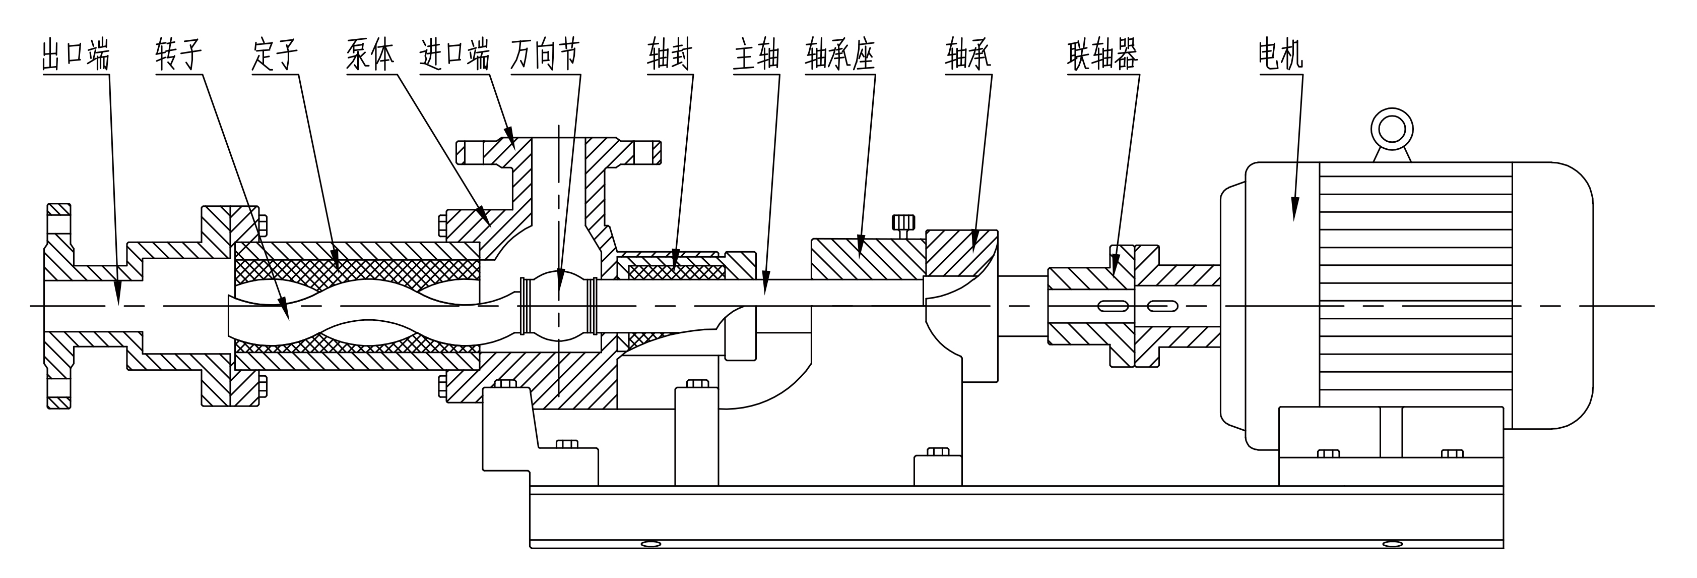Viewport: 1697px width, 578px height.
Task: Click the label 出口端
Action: [x=75, y=54]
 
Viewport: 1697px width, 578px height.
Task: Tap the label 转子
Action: [x=177, y=54]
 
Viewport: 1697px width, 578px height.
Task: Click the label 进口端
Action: [x=454, y=54]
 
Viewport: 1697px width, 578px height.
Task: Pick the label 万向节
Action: [x=545, y=54]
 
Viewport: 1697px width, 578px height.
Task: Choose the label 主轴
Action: [x=756, y=54]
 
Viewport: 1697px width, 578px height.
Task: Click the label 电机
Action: [x=1280, y=54]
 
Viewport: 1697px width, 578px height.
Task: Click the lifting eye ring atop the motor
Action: [x=1391, y=130]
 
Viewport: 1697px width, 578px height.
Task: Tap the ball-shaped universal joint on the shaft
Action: [x=559, y=306]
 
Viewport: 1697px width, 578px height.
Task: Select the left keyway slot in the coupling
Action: [x=1113, y=306]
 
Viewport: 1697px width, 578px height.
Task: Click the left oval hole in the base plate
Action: [x=650, y=544]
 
